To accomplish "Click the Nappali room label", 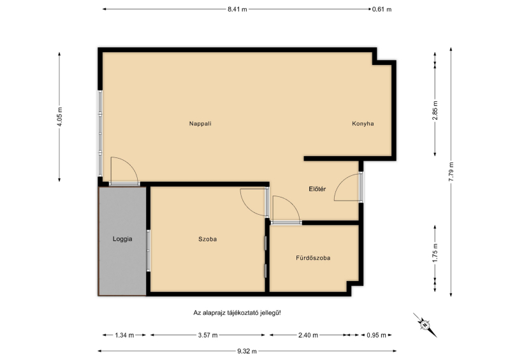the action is pyautogui.click(x=200, y=124).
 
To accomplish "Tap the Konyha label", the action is pyautogui.click(x=363, y=124).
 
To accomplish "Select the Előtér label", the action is pyautogui.click(x=317, y=189).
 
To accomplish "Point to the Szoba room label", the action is pyautogui.click(x=208, y=240).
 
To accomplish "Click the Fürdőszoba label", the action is pyautogui.click(x=313, y=258).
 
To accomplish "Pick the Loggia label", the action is pyautogui.click(x=122, y=239).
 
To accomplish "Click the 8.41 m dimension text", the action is pyautogui.click(x=237, y=10).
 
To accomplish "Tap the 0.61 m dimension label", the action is pyautogui.click(x=382, y=10).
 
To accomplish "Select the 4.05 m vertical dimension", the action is pyautogui.click(x=59, y=116).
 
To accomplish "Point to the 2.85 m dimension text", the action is pyautogui.click(x=435, y=111).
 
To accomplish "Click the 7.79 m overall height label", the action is pyautogui.click(x=451, y=171).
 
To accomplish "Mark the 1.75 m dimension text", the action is pyautogui.click(x=435, y=253).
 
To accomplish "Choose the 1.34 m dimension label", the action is pyautogui.click(x=124, y=335).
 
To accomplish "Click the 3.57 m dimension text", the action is pyautogui.click(x=208, y=335).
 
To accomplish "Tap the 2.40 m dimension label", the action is pyautogui.click(x=308, y=335).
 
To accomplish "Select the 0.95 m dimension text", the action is pyautogui.click(x=376, y=335).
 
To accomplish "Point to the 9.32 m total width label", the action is pyautogui.click(x=247, y=351).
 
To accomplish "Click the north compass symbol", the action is pyautogui.click(x=425, y=324).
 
